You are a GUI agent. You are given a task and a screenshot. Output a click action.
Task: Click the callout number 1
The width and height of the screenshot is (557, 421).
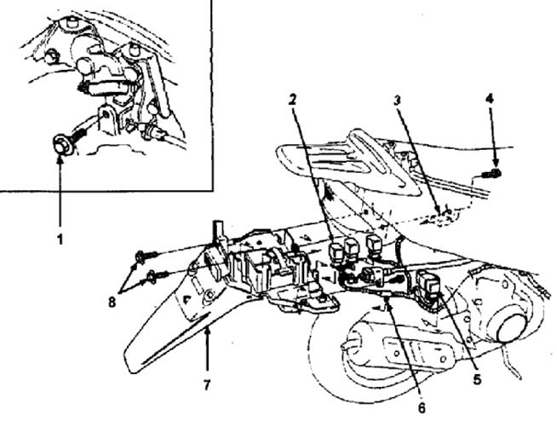click(60, 240)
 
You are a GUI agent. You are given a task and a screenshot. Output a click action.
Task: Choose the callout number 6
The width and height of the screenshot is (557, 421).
click(422, 409)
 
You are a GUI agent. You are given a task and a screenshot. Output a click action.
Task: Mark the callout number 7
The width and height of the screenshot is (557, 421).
click(207, 385)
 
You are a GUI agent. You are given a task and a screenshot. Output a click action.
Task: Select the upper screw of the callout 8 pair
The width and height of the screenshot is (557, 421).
click(140, 255)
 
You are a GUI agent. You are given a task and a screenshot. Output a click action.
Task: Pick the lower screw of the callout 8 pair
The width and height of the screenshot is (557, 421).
click(153, 275)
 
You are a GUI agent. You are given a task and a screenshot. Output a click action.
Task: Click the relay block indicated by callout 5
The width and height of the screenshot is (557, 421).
click(428, 284)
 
